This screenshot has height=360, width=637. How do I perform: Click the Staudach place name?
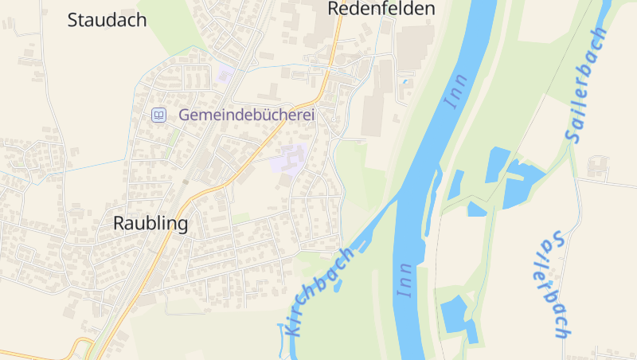pos(107,20)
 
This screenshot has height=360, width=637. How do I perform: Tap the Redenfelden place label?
pos(381,9)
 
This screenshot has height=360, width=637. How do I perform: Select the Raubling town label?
pos(150,224)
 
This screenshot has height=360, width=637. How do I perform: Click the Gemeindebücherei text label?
pos(247,115)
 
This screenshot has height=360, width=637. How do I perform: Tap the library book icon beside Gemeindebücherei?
pos(158,115)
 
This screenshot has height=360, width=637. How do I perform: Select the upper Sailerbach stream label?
pos(588,85)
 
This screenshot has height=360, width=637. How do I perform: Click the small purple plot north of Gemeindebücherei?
pos(224,75)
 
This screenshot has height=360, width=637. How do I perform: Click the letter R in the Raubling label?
pos(120,224)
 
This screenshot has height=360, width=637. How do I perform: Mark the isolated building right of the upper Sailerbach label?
pos(598,166)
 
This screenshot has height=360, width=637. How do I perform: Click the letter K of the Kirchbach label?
pos(291,327)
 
